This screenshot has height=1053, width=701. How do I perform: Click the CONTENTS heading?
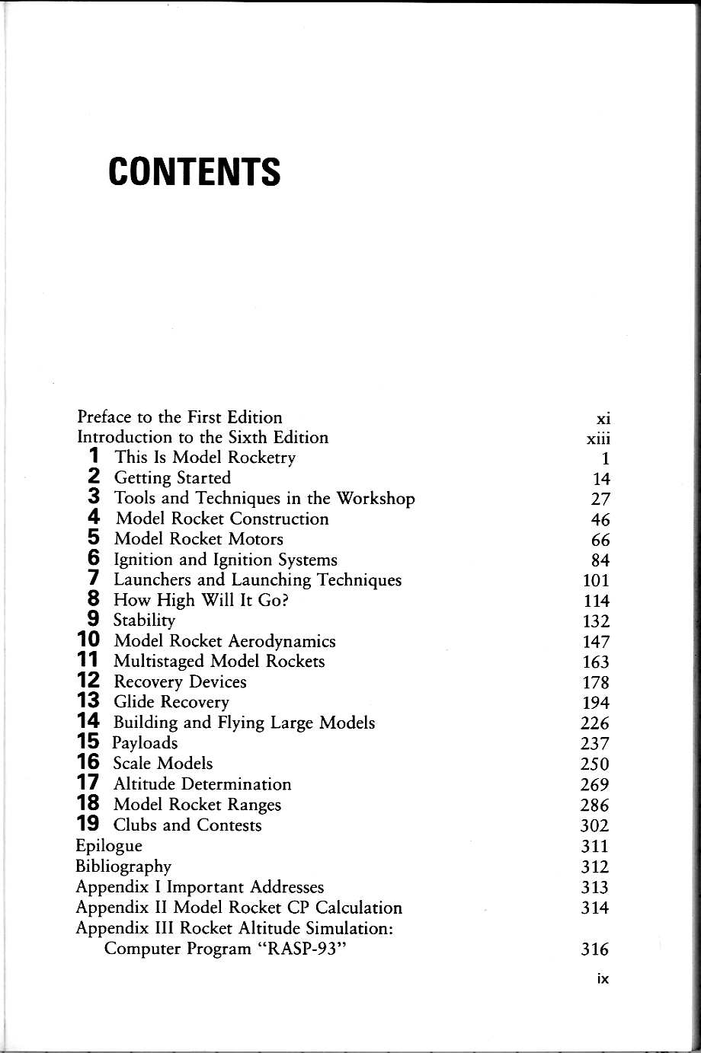(194, 172)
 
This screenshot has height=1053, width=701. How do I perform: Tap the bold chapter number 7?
(94, 579)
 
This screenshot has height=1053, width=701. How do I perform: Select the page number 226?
(594, 723)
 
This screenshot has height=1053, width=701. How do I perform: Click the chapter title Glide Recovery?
(171, 702)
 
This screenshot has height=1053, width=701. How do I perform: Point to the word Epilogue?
(108, 846)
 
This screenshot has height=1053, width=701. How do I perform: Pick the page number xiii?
(597, 439)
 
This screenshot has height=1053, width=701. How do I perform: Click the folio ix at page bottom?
(603, 979)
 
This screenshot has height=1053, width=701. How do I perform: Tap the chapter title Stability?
(144, 621)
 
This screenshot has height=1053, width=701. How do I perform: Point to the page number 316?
(594, 949)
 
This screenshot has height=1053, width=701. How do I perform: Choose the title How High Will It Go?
(201, 600)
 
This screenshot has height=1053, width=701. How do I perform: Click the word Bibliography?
(123, 866)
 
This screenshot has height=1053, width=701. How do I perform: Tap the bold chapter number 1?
(94, 457)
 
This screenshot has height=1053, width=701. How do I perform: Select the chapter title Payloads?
(145, 743)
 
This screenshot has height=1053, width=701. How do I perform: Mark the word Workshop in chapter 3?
(376, 499)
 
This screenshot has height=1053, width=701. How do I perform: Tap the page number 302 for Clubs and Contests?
(594, 826)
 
